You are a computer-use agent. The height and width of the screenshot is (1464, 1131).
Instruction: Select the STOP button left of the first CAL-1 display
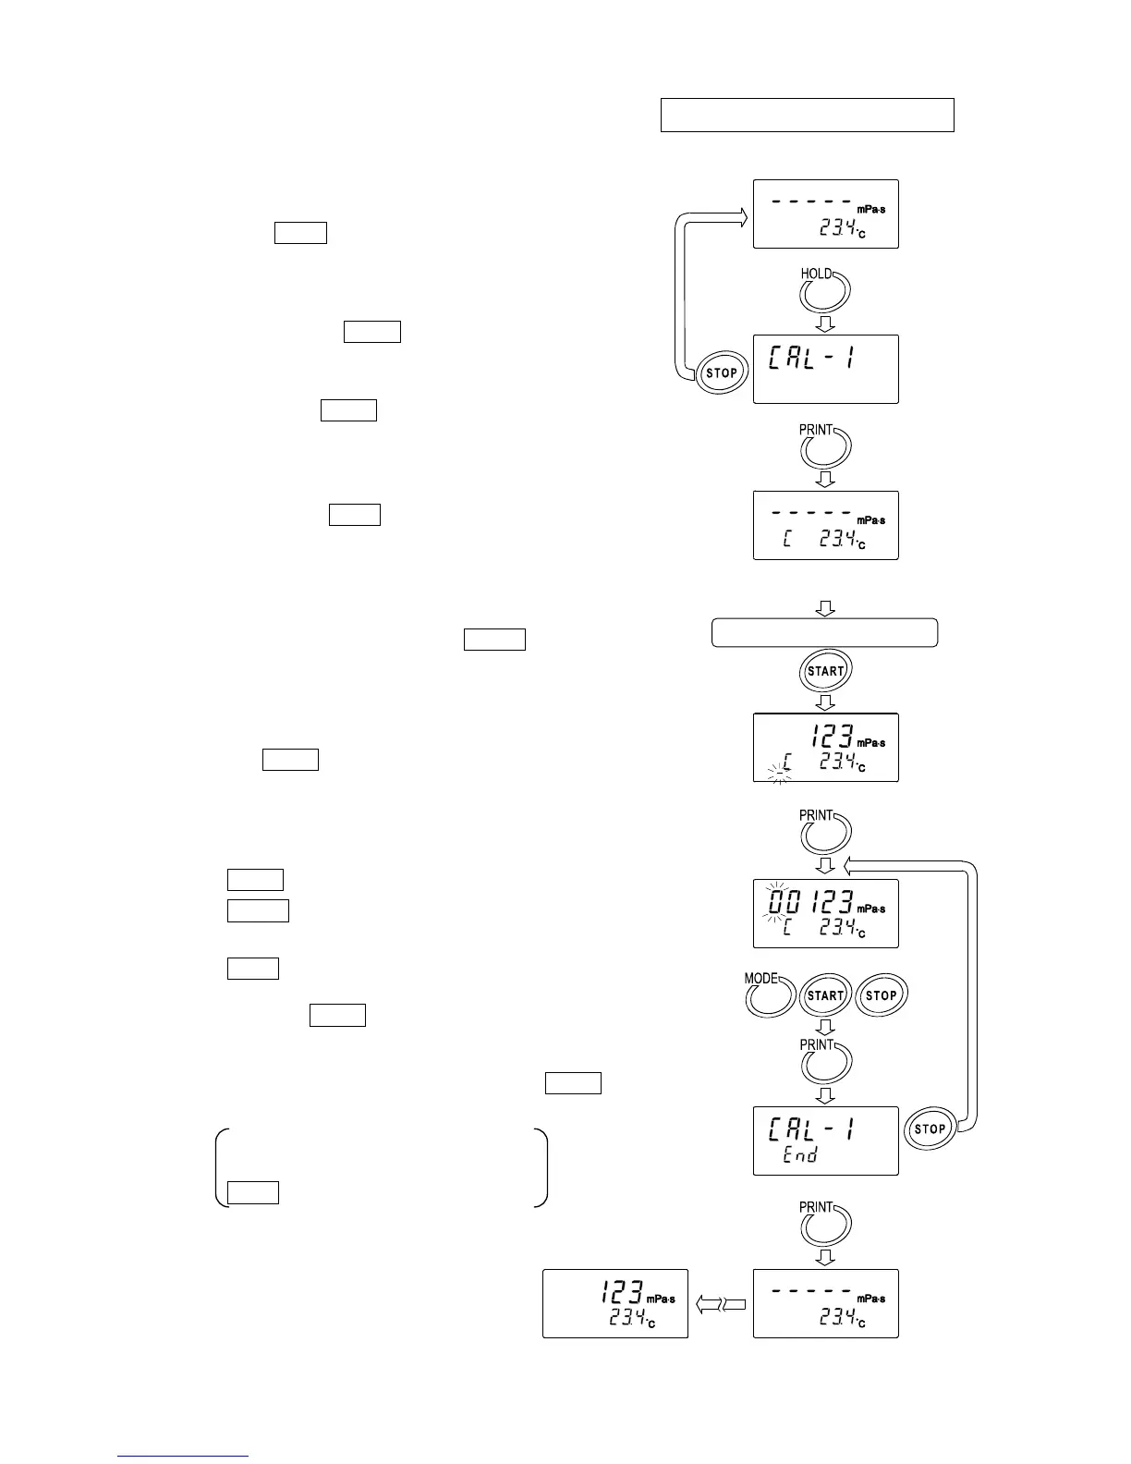pyautogui.click(x=721, y=373)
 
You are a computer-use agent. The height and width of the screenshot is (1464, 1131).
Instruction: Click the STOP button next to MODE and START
pyautogui.click(x=882, y=995)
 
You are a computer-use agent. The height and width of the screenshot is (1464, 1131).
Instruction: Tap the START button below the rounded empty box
pyautogui.click(x=825, y=671)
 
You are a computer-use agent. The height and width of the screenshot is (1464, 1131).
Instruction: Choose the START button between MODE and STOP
pyautogui.click(x=825, y=995)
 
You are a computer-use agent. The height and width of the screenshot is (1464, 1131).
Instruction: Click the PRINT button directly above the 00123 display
pyautogui.click(x=825, y=835)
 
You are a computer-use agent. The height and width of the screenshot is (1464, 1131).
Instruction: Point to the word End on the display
pyautogui.click(x=799, y=1154)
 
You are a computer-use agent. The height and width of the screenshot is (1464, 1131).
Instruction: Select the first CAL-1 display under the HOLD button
pyautogui.click(x=825, y=369)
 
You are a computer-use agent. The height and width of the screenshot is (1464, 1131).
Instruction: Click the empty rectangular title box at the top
pyautogui.click(x=807, y=115)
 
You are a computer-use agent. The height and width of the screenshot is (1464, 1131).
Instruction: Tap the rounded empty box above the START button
pyautogui.click(x=824, y=633)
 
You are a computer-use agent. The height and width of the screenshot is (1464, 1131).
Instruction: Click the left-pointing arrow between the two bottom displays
pyautogui.click(x=721, y=1304)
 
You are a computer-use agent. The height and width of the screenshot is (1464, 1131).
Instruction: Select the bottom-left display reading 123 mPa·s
pyautogui.click(x=614, y=1303)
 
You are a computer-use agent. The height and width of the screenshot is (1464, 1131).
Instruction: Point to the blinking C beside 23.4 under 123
pyautogui.click(x=785, y=763)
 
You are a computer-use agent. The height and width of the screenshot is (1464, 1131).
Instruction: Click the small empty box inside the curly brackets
pyautogui.click(x=253, y=1192)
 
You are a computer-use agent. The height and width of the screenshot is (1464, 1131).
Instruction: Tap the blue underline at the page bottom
pyautogui.click(x=183, y=1456)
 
